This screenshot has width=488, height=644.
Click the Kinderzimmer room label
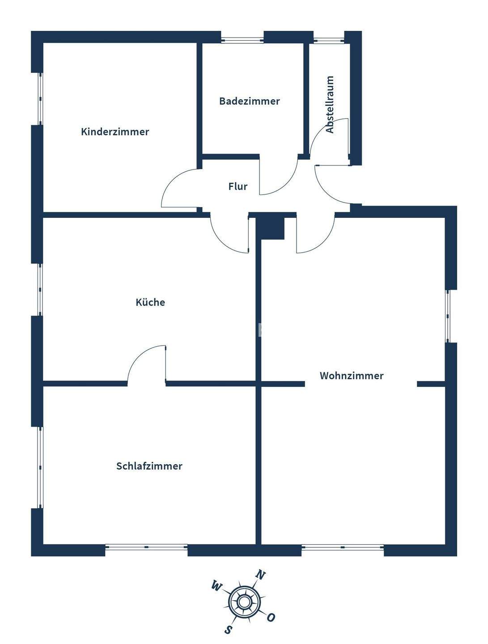coord(115,132)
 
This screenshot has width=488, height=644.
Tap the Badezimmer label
coord(249,101)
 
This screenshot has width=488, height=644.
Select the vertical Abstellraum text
coord(330,104)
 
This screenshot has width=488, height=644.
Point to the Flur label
coord(238,186)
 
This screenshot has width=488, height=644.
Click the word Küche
coord(150,302)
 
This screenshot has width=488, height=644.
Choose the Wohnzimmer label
coord(352,376)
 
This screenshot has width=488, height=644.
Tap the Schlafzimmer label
coord(149,466)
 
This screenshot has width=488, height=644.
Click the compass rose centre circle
coord(244,601)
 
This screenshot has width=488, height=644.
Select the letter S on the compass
coord(229,629)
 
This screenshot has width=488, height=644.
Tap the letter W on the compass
coord(216,585)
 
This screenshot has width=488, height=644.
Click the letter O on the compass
coord(271,617)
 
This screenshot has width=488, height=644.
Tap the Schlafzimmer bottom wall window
coord(146,547)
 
